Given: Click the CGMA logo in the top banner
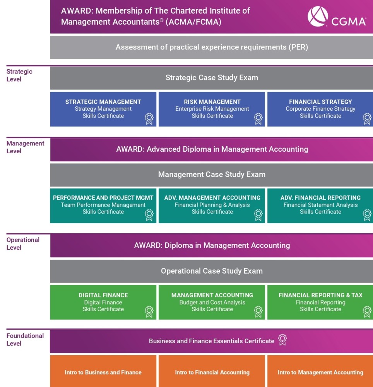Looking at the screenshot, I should [x=336, y=17].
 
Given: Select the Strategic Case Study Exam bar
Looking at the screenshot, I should [x=211, y=78].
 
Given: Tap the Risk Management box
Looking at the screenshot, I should [x=212, y=109].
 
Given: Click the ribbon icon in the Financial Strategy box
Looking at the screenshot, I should [x=367, y=118].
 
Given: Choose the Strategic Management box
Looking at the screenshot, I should [x=103, y=109].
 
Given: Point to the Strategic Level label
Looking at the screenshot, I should [x=19, y=75].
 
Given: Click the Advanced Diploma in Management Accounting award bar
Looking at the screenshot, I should [x=211, y=149].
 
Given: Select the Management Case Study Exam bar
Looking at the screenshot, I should [x=211, y=175].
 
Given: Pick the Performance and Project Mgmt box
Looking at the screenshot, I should [x=103, y=205].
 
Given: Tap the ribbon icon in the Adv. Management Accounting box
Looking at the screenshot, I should [x=258, y=214].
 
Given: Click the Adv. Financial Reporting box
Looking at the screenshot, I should [x=320, y=205].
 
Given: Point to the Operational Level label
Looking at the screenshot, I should [x=23, y=243].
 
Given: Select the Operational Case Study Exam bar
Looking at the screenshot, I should [x=211, y=271].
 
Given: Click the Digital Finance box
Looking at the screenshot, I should [x=103, y=302].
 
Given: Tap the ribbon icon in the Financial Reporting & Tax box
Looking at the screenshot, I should [x=367, y=311].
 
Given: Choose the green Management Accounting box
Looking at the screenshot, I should [x=212, y=302].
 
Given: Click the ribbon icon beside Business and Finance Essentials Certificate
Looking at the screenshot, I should [x=282, y=339].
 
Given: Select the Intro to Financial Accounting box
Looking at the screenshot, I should [x=212, y=372].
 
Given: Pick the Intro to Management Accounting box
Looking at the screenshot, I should [x=320, y=372].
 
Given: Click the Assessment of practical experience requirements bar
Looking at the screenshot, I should [x=211, y=48].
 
